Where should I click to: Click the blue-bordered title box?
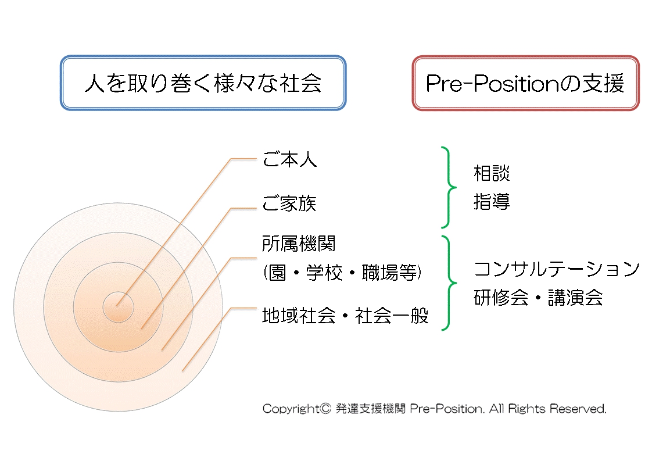(x=203, y=83)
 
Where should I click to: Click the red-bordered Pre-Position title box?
(x=525, y=83)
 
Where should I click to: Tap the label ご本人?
(x=289, y=159)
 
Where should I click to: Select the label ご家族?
(x=289, y=203)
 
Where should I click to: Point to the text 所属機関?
(x=299, y=244)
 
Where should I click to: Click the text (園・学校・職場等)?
(x=342, y=273)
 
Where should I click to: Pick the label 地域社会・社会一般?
(x=345, y=316)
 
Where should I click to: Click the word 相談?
(x=492, y=173)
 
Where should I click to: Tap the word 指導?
(x=492, y=202)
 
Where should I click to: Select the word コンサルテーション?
(x=556, y=269)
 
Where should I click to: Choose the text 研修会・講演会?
(x=538, y=298)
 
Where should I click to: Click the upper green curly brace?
(x=449, y=187)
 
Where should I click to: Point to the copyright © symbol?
(x=325, y=409)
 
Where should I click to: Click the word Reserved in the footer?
(x=578, y=409)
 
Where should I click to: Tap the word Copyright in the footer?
(x=291, y=409)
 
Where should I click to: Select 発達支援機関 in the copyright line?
(x=370, y=409)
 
